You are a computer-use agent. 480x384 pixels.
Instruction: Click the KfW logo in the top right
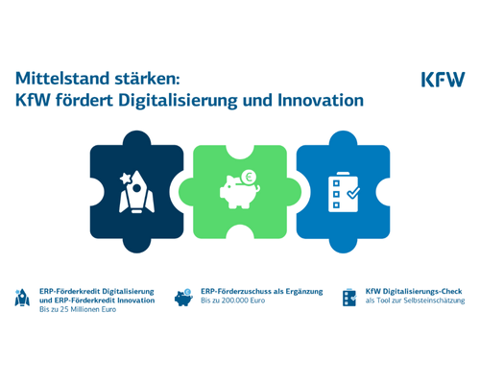(x=443, y=79)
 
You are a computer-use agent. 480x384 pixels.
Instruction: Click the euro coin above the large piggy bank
(x=248, y=176)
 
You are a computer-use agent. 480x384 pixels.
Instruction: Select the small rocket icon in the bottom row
(x=22, y=298)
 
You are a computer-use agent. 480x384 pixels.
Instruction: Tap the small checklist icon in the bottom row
(x=349, y=297)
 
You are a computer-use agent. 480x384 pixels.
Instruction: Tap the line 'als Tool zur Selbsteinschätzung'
(x=415, y=300)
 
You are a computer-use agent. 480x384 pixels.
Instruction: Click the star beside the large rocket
(x=125, y=179)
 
